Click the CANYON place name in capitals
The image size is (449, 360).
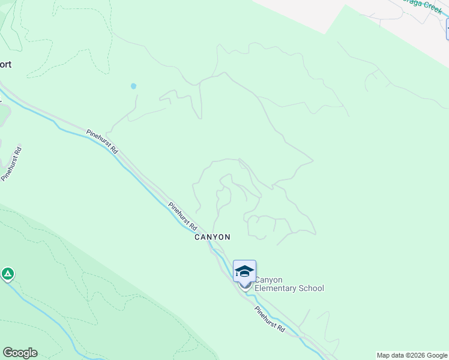point(212,237)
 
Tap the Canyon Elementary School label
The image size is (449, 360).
point(289,284)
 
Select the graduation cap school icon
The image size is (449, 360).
point(244,271)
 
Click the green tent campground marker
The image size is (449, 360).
point(7,275)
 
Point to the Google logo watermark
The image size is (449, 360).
point(20,353)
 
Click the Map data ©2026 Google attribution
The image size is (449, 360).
point(411,355)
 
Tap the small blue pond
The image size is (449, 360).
point(133,86)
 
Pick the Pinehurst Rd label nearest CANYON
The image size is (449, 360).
point(182,217)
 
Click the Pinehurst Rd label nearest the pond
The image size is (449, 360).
point(102,142)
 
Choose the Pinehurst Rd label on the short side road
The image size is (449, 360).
point(11,163)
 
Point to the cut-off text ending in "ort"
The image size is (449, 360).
point(6,64)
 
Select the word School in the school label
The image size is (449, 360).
point(312,289)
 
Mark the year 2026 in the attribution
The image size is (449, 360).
point(415,355)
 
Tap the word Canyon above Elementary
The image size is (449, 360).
point(268,280)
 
